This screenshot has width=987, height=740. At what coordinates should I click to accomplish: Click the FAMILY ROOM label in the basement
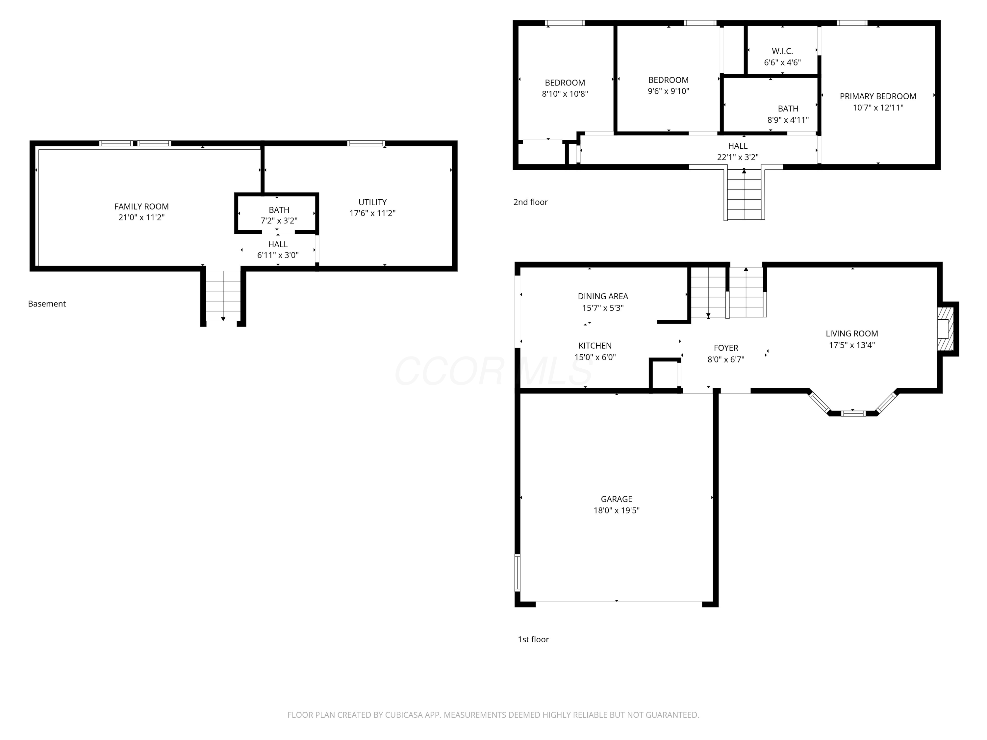point(141,207)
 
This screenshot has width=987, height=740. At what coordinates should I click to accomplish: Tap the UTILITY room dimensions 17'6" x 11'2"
point(372,213)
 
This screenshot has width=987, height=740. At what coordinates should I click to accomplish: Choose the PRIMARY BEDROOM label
point(878,96)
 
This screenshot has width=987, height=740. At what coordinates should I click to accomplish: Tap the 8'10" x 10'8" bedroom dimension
point(565,94)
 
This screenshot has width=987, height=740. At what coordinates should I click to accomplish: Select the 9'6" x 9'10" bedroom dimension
point(669,91)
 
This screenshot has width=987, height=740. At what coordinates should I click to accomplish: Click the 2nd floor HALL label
point(738,146)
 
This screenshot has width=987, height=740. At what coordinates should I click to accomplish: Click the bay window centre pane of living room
point(853,413)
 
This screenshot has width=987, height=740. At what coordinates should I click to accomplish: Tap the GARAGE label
point(616,499)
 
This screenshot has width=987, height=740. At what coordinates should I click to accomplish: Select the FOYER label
point(726,348)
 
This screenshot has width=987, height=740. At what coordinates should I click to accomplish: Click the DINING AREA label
point(603,296)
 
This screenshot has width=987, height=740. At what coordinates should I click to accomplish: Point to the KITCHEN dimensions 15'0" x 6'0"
point(595,357)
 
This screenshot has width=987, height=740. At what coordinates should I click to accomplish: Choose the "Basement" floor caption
point(47,304)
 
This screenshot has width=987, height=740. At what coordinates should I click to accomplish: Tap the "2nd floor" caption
point(531,202)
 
